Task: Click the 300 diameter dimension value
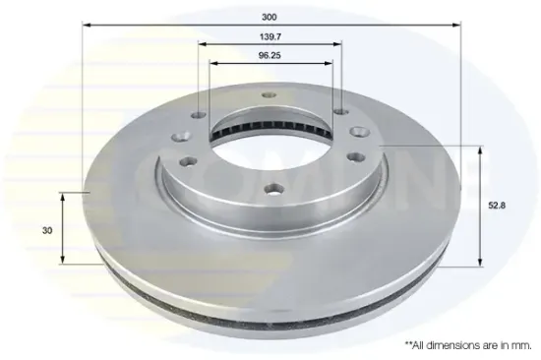click(270, 17)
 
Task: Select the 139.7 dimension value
click(270, 36)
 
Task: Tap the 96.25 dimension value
click(270, 55)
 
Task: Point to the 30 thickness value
click(47, 230)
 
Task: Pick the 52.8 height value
click(497, 206)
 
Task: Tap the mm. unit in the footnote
click(521, 345)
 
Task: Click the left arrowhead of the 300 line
click(87, 25)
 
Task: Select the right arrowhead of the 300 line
click(456, 25)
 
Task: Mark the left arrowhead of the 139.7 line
click(203, 44)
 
